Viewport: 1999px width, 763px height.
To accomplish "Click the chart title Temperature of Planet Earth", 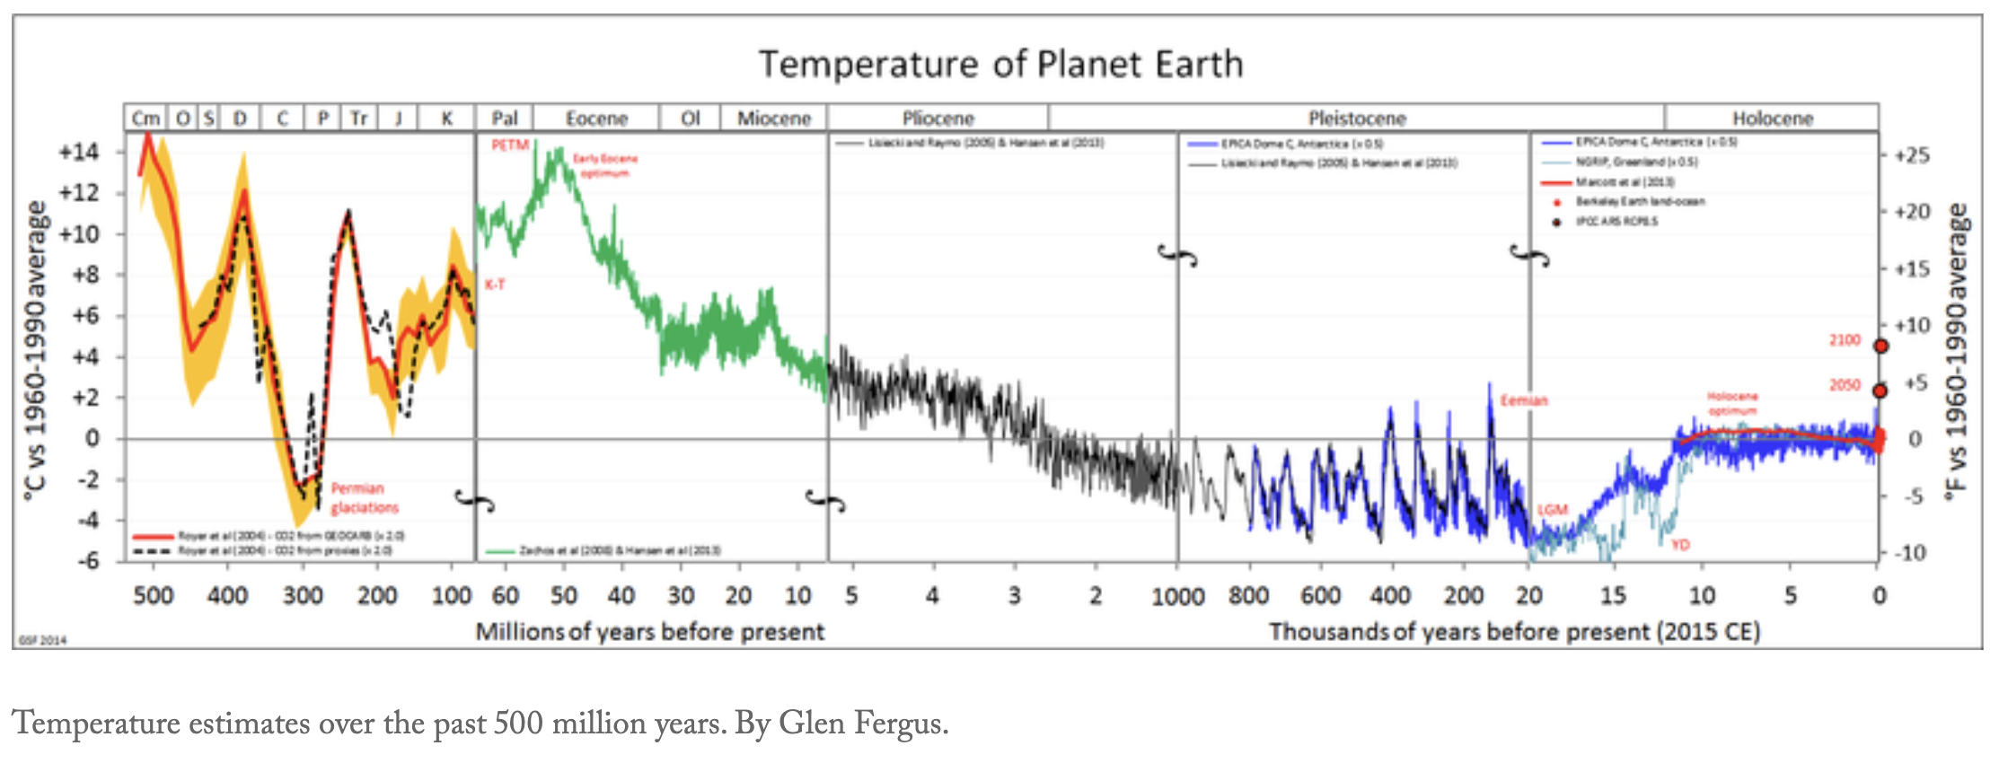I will [1000, 65].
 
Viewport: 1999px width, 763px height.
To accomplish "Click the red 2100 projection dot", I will [1880, 346].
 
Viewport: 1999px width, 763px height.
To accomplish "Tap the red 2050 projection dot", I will [1880, 390].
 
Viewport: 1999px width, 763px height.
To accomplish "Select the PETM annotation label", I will [509, 145].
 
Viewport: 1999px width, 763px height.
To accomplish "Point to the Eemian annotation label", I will [1524, 400].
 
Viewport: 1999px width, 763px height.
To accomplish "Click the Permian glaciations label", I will [364, 498].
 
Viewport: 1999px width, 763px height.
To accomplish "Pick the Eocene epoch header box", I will [596, 118].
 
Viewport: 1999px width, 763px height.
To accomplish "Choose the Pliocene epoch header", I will [938, 118].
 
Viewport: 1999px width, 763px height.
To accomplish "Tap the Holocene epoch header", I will [1772, 118].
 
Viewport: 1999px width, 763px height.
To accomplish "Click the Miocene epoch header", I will [773, 118].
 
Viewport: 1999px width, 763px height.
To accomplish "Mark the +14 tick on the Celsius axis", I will [79, 152].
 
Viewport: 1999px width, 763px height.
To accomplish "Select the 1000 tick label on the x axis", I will [1177, 596].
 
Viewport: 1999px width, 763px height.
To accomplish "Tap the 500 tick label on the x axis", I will [153, 596].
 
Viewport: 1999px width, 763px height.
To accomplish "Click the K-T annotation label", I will [495, 285].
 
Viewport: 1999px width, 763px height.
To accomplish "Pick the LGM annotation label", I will [1552, 510].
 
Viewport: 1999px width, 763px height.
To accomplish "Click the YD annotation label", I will [1679, 545].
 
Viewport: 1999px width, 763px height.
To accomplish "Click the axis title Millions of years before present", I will [649, 632].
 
